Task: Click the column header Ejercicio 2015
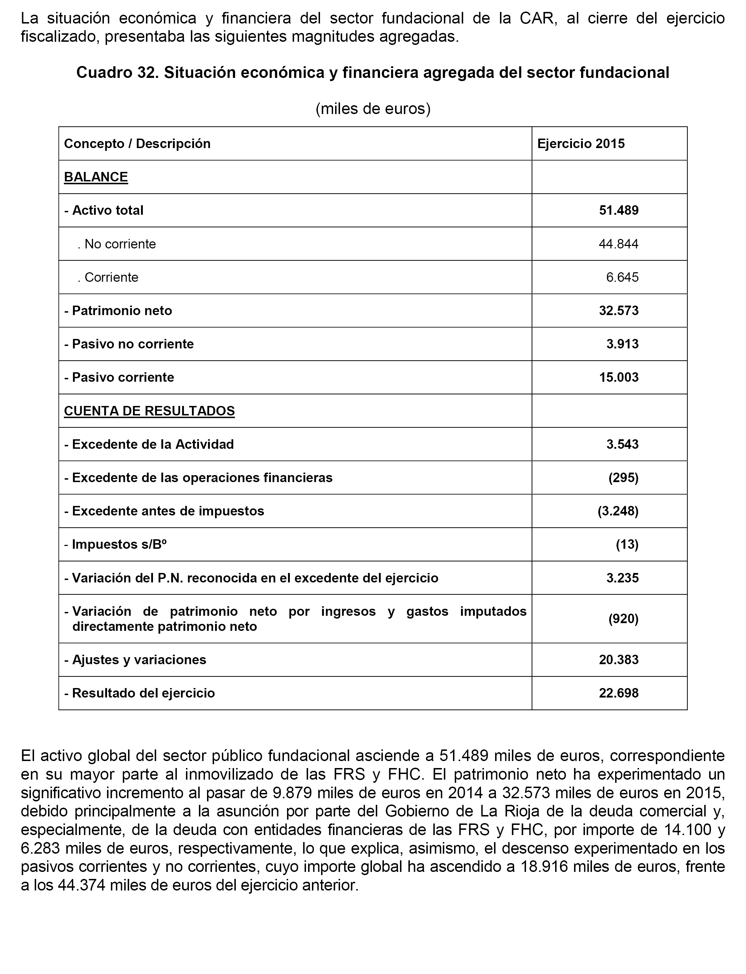[x=580, y=144]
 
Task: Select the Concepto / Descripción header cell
[x=137, y=144]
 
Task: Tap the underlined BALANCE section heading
[x=96, y=177]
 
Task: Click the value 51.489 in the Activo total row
[x=619, y=211]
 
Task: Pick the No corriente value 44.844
[x=619, y=244]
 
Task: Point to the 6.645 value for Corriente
[x=622, y=278]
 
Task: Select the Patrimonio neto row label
[x=118, y=311]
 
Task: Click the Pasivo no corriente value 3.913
[x=622, y=344]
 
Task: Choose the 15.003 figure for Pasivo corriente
[x=619, y=377]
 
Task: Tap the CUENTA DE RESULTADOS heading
[x=149, y=411]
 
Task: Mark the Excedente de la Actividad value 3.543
[x=622, y=445]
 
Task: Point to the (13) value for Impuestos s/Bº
[x=627, y=544]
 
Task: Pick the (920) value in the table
[x=623, y=619]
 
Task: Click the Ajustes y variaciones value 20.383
[x=619, y=660]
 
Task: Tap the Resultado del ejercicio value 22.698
[x=619, y=693]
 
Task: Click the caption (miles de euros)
[x=373, y=109]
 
